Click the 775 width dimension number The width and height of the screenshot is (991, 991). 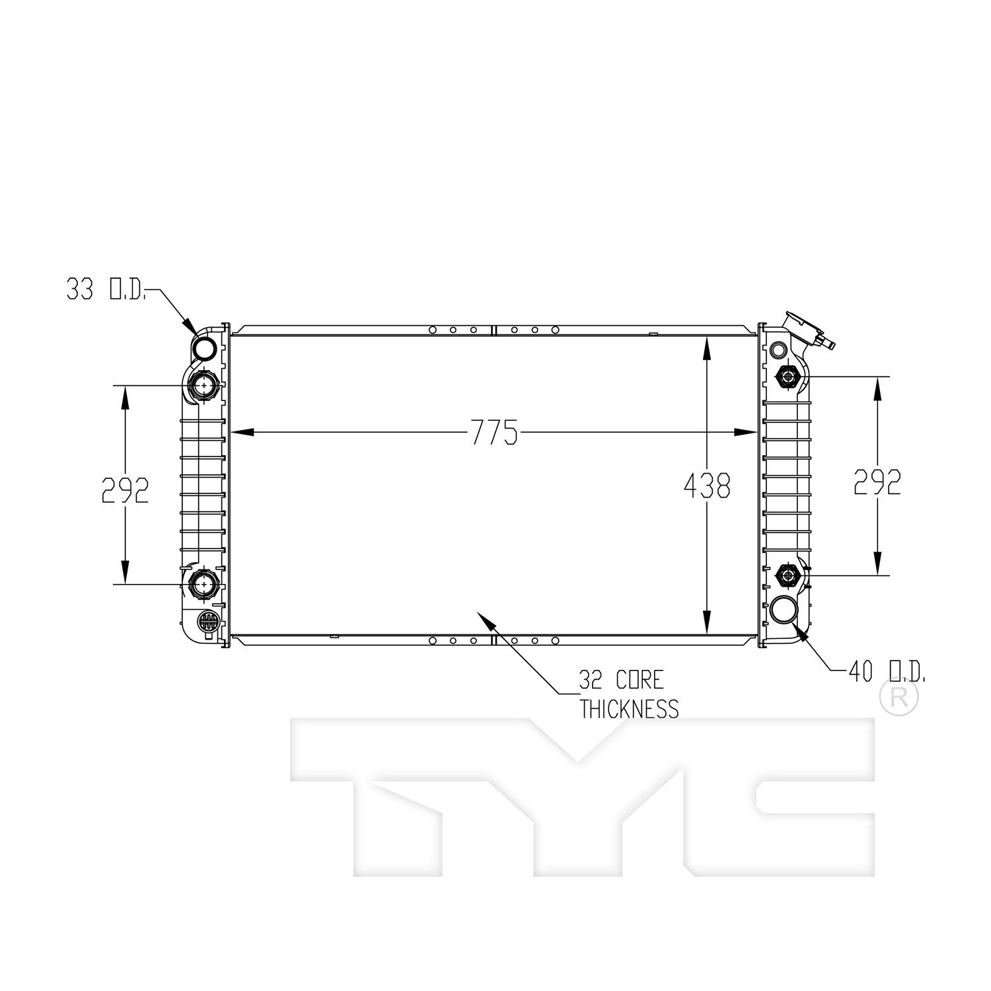494,433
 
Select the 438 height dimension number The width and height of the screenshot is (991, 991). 707,486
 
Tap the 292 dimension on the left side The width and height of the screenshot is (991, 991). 125,490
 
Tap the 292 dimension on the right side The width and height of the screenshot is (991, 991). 877,482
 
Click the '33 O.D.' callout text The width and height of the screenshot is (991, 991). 106,289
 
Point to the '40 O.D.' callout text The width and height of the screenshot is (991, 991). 887,672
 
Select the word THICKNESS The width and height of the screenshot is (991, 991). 629,709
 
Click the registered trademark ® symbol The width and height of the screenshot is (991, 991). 899,699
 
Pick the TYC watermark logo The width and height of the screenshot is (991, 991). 581,798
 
